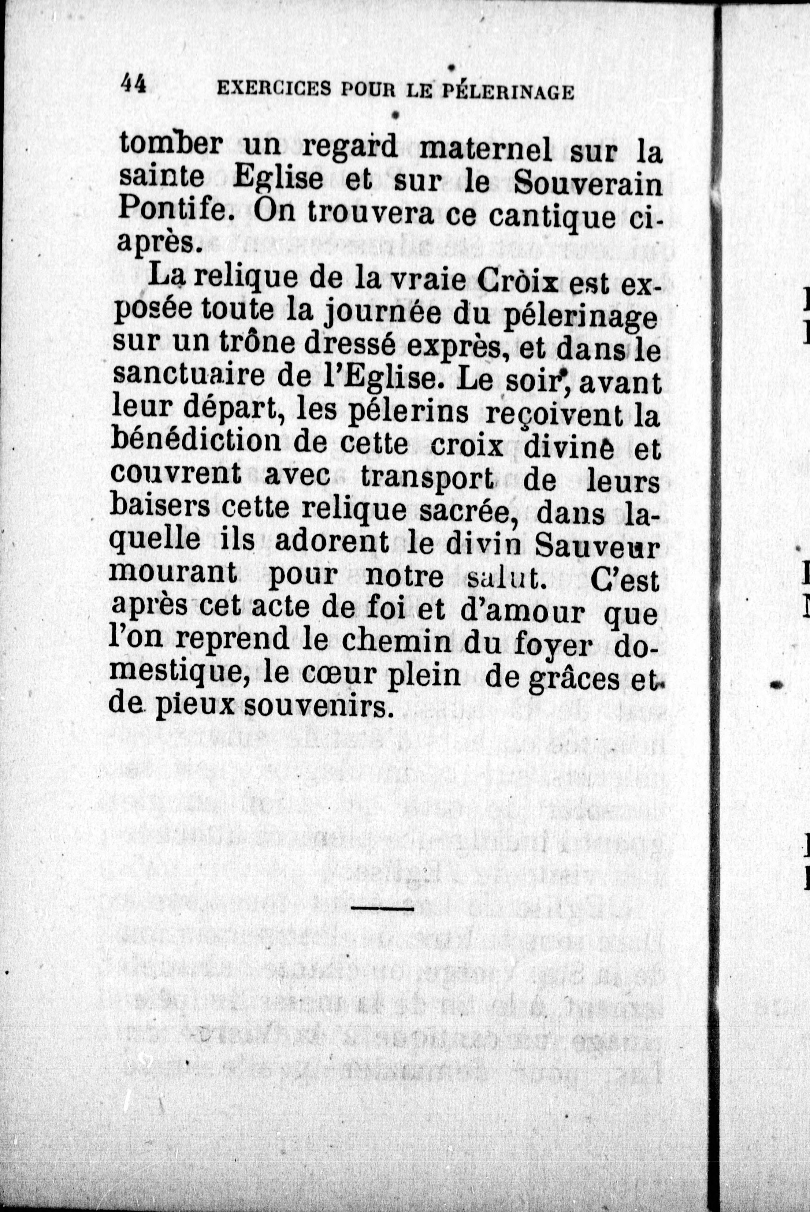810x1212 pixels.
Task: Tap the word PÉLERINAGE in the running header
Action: point(508,92)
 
